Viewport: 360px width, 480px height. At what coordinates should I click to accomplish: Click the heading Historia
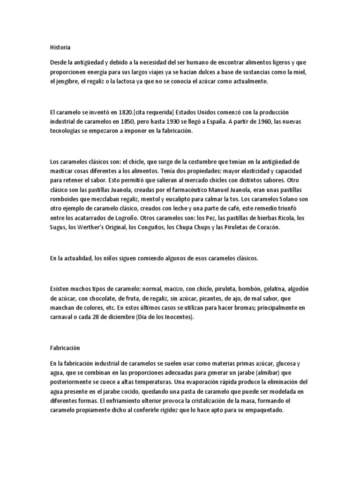[60, 47]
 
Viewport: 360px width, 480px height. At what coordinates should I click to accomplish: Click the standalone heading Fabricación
[65, 348]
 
